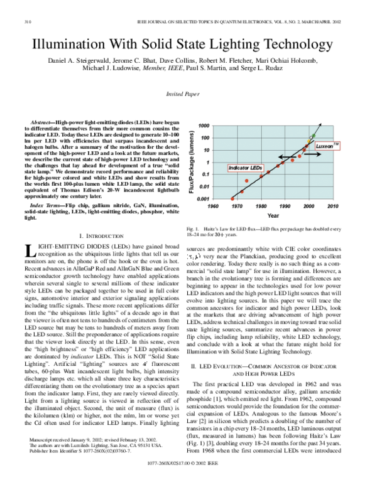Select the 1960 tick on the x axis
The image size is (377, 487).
231,205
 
